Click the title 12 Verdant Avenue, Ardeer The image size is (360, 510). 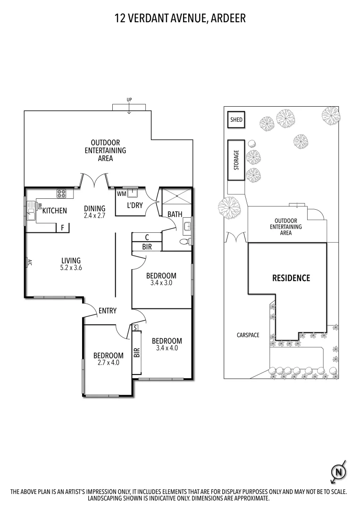180,18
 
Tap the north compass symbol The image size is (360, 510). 338,472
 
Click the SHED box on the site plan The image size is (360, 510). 236,120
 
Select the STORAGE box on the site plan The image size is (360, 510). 236,160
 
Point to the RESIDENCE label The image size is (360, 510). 291,278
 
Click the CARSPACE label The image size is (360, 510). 248,335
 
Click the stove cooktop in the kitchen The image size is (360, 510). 61,193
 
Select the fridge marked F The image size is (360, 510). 62,228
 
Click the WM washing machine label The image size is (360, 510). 121,194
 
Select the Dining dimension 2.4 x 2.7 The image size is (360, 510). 94,215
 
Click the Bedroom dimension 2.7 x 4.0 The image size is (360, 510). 108,363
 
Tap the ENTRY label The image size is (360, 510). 107,310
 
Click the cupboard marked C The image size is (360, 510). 147,237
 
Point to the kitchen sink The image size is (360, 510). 31,210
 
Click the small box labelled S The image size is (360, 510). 135,327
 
